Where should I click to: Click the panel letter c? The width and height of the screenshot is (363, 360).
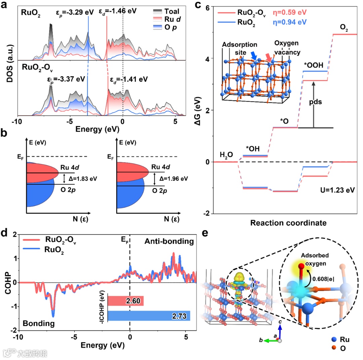pos(198,6)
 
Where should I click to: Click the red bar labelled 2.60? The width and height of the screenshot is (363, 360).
pos(125,301)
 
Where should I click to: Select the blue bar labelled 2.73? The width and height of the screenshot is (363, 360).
pos(149,316)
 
